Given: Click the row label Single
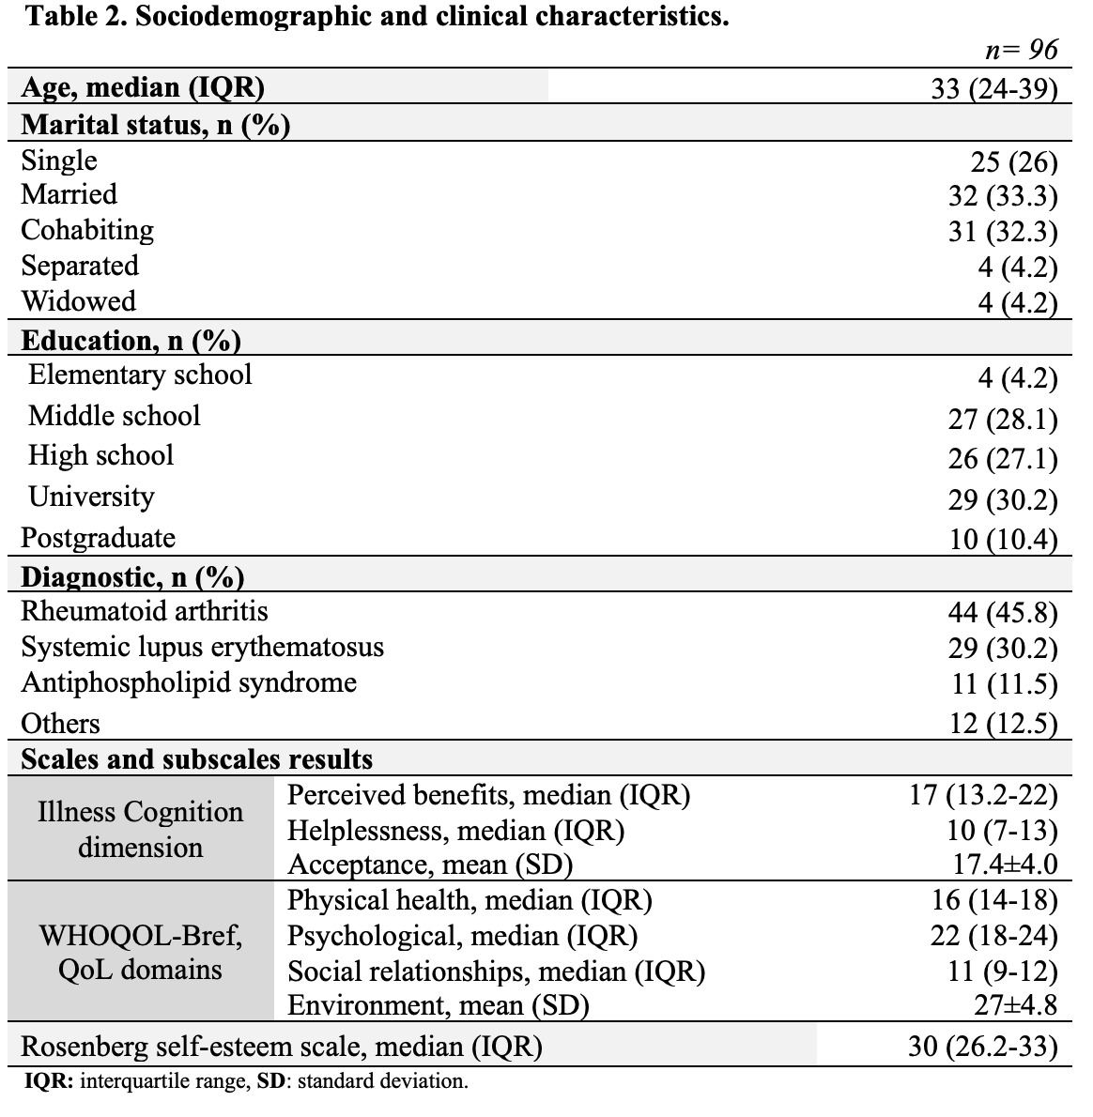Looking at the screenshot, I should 59,161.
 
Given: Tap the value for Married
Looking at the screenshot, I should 1003,196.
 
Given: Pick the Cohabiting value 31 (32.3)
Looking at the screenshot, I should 1003,232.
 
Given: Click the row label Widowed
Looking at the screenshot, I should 78,302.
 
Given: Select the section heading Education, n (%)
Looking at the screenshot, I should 131,340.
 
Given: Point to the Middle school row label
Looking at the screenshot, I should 115,416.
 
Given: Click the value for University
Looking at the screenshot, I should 1003,499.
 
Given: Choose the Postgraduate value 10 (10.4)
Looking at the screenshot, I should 1003,540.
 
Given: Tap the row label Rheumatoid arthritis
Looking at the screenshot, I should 145,612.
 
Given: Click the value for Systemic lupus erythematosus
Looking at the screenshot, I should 1003,649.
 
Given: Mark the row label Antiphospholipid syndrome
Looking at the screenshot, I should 189,682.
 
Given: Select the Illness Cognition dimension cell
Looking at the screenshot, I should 141,829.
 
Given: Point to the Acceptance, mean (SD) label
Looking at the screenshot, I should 430,864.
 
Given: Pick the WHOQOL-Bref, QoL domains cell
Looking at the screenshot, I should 141,952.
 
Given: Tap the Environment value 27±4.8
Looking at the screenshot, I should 1016,1005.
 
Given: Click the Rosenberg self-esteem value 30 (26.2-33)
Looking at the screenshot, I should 983,1046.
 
